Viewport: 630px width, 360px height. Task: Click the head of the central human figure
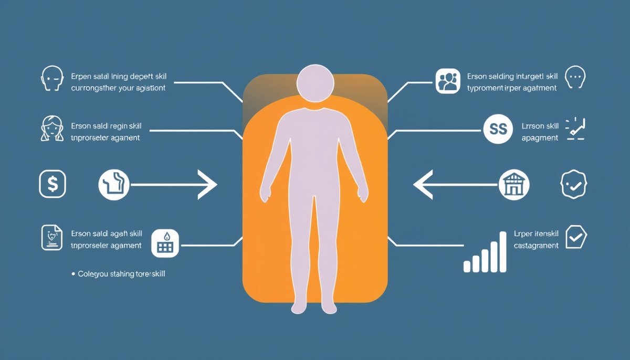pos(315,83)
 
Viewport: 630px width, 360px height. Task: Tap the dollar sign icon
pos(52,184)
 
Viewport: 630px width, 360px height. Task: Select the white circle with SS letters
pos(498,129)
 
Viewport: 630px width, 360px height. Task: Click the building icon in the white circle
pos(514,185)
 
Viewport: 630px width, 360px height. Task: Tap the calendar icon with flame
pos(165,243)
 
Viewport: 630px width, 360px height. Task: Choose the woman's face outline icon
pos(51,129)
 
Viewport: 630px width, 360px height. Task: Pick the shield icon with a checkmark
pos(576,237)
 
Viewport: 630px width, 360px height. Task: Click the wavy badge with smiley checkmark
pos(573,184)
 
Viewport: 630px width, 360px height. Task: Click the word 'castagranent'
pos(536,245)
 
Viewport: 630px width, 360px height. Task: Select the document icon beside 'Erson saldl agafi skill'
pos(52,237)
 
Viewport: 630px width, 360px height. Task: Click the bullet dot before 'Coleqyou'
pos(72,274)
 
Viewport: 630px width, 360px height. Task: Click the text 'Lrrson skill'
pos(541,126)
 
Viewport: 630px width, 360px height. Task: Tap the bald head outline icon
pos(51,79)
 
